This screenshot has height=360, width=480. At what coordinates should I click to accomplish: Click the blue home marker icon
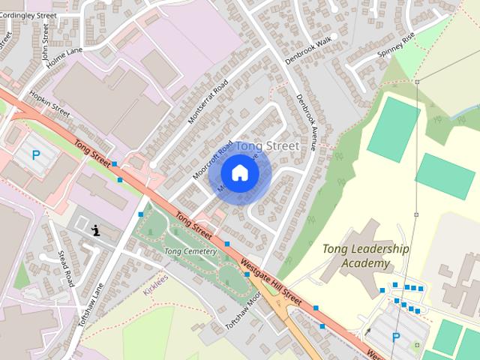pyautogui.click(x=239, y=172)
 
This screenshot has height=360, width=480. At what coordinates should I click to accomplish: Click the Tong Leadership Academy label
pyautogui.click(x=365, y=256)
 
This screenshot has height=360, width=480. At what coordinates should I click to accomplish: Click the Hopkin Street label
pyautogui.click(x=49, y=104)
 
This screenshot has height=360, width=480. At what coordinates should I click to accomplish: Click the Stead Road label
pyautogui.click(x=67, y=268)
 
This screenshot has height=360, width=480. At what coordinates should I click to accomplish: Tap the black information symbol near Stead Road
pyautogui.click(x=96, y=230)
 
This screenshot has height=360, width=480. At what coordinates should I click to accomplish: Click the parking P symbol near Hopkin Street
pyautogui.click(x=35, y=156)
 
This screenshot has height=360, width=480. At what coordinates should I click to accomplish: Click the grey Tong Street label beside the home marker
pyautogui.click(x=268, y=145)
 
